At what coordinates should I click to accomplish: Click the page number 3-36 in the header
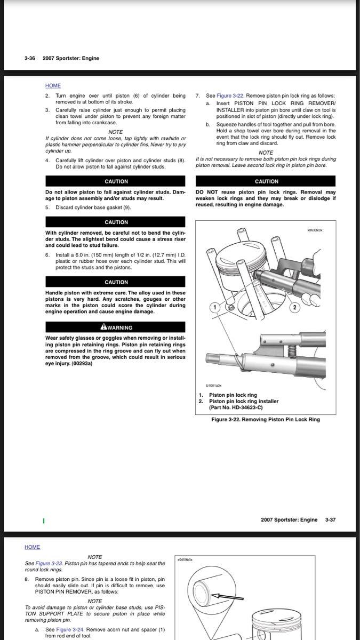[29, 58]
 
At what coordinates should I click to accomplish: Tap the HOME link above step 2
[53, 85]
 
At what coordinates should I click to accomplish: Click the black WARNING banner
[116, 327]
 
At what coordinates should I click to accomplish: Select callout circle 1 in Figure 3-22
[214, 307]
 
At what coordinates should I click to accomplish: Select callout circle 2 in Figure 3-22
[294, 308]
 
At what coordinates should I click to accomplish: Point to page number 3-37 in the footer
[331, 519]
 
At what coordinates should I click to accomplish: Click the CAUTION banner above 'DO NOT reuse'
[266, 181]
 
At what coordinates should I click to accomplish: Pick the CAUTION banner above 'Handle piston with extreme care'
[116, 282]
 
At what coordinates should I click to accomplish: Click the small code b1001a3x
[213, 385]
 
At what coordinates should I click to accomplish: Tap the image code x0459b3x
[185, 560]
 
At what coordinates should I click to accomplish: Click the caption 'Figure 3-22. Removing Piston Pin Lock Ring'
[266, 420]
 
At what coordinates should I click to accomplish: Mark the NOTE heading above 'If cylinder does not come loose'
[115, 132]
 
